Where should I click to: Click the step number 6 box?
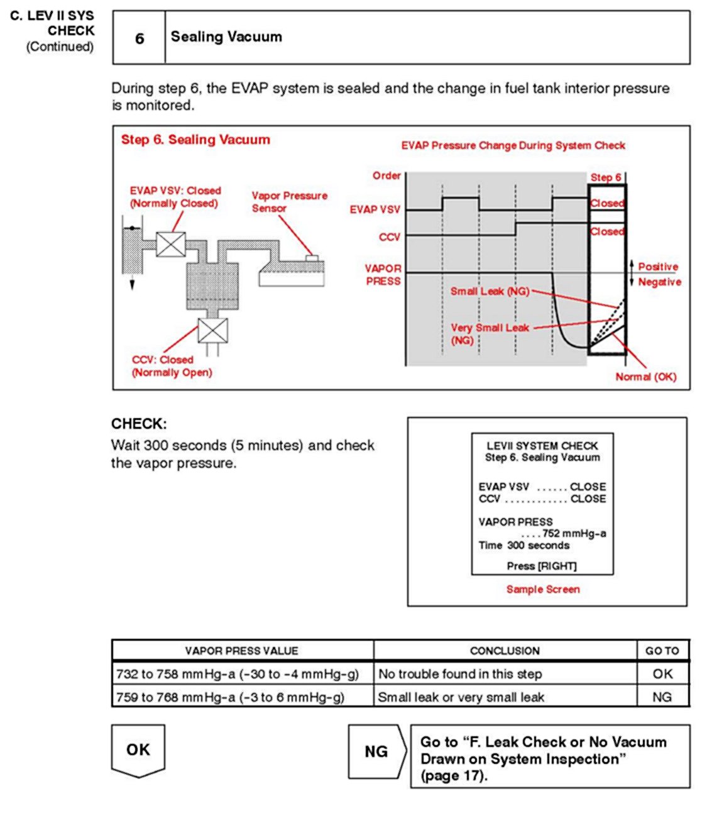[x=139, y=38]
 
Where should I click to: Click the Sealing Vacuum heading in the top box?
[x=226, y=37]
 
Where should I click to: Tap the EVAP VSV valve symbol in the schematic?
[x=170, y=244]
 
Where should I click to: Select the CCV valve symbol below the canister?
[x=212, y=330]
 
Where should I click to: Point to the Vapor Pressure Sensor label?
[x=289, y=202]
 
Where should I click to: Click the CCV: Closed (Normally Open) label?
[x=172, y=366]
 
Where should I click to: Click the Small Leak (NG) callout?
[x=490, y=291]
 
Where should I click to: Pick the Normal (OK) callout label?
[x=645, y=377]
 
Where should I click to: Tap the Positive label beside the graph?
[x=658, y=267]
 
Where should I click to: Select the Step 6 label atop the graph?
[x=606, y=177]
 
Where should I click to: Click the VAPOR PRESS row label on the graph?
[x=383, y=275]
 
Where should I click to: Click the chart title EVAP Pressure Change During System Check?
[x=513, y=145]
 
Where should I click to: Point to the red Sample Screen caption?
[x=543, y=589]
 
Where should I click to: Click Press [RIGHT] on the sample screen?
[x=541, y=566]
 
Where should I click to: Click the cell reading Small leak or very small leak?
[x=461, y=697]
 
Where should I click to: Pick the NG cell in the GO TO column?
[x=662, y=697]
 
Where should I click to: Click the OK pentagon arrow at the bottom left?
[x=138, y=749]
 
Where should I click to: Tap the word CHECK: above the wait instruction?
[x=139, y=424]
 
